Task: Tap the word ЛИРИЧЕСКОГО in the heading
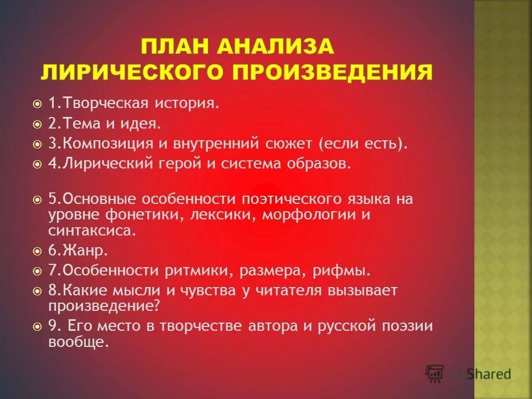click(x=135, y=72)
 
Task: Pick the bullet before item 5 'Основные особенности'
click(x=37, y=199)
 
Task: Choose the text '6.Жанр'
click(x=78, y=250)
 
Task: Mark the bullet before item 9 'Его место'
click(x=37, y=326)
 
